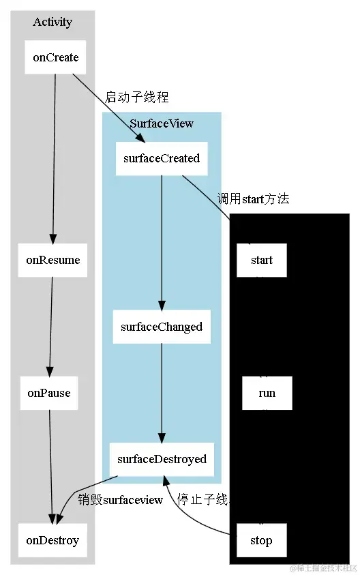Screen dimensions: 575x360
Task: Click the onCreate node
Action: [x=55, y=57]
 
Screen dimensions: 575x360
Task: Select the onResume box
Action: [x=52, y=260]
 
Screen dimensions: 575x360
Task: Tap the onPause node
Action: [x=49, y=393]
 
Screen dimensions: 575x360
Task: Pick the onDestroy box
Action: [x=52, y=540]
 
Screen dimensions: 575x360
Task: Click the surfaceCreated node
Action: [x=162, y=158]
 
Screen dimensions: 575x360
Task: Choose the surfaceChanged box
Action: [x=162, y=327]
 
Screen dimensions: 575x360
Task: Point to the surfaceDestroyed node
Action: [x=162, y=459]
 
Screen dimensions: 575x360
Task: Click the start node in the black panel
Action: [x=261, y=260]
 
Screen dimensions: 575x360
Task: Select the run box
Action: [x=267, y=393]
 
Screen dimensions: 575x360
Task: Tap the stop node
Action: [x=260, y=540]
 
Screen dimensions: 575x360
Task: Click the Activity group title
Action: [x=52, y=22]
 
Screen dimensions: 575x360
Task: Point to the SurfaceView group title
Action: [x=162, y=123]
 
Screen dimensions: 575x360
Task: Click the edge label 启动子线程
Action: [x=136, y=97]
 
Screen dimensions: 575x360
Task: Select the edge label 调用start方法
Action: [x=253, y=199]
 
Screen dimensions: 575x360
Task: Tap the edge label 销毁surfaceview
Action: [x=120, y=500]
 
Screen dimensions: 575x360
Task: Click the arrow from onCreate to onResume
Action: [x=54, y=157]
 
